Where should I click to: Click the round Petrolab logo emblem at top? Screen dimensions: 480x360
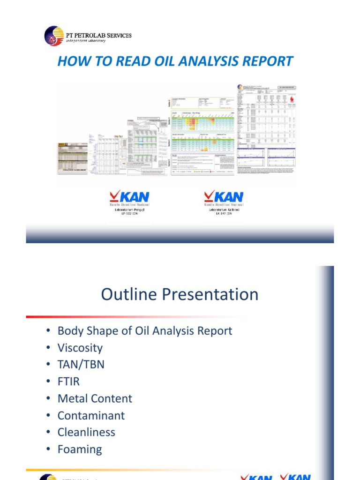click(54, 36)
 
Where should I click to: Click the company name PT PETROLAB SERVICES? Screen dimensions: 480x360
click(98, 35)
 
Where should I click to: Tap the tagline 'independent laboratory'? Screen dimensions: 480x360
click(85, 41)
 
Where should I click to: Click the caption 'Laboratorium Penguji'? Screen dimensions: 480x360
click(126, 210)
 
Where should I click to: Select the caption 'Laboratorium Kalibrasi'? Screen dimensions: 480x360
click(224, 210)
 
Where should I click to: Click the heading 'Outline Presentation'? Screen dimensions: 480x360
click(180, 294)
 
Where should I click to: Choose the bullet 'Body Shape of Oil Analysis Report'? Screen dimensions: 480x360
click(144, 330)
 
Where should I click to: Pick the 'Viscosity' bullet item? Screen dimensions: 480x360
click(80, 348)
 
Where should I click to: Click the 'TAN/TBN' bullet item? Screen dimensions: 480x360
click(81, 365)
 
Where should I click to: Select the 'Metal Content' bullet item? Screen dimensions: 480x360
click(95, 398)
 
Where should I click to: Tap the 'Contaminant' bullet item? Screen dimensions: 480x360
click(91, 415)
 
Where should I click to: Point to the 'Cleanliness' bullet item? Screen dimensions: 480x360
click(86, 432)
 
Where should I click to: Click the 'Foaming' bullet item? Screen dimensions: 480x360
click(79, 449)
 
